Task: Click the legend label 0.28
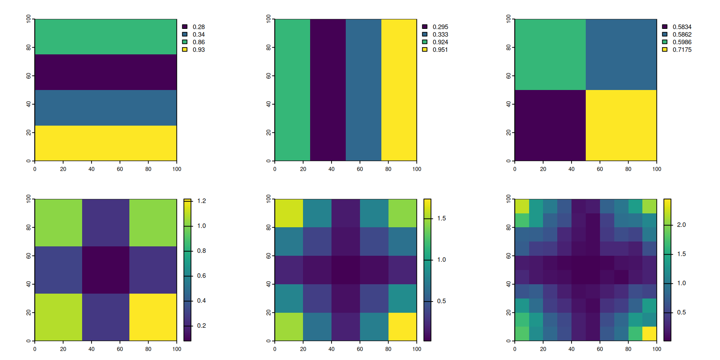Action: point(198,27)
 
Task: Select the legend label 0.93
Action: point(198,50)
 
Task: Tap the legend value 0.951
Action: point(440,50)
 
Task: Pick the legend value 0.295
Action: point(440,27)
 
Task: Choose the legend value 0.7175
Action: point(682,50)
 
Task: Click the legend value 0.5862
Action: point(682,34)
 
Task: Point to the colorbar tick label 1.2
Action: point(201,201)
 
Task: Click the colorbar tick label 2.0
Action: point(681,225)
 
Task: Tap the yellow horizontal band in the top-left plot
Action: point(106,143)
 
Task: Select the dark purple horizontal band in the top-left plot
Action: point(106,72)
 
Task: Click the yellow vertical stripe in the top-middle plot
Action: point(399,90)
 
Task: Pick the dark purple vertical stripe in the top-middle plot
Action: point(328,90)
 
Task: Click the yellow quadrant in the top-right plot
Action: point(621,125)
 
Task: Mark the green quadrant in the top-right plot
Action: point(550,54)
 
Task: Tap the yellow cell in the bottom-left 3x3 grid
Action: point(153,317)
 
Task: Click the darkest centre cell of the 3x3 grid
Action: point(106,270)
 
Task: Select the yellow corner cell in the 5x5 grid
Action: point(402,327)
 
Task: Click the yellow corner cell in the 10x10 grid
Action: point(649,334)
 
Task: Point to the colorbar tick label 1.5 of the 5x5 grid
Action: point(441,219)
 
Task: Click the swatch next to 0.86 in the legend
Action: point(185,42)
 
